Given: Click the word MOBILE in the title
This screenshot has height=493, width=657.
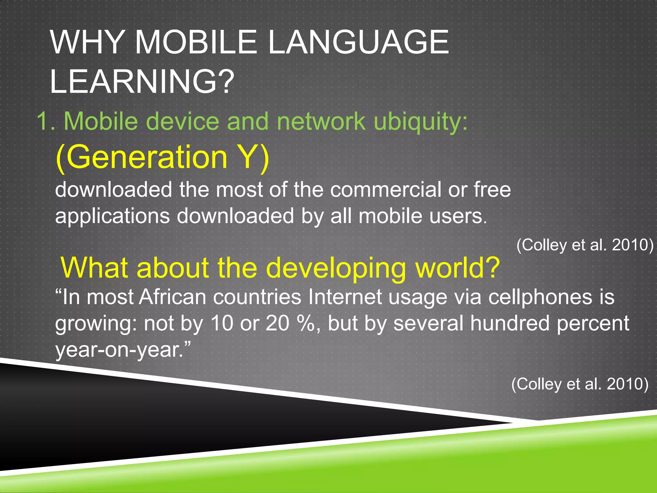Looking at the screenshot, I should click(196, 42).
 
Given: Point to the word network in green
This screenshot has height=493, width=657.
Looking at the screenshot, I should click(321, 121).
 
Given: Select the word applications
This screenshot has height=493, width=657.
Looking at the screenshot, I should click(112, 216).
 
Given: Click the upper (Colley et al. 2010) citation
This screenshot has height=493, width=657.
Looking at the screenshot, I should click(584, 245).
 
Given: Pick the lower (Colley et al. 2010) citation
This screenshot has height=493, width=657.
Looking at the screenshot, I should click(579, 384).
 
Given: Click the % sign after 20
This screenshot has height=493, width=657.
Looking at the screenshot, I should click(306, 324).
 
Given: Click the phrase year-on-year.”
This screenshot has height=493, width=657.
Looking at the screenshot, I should click(123, 350).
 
